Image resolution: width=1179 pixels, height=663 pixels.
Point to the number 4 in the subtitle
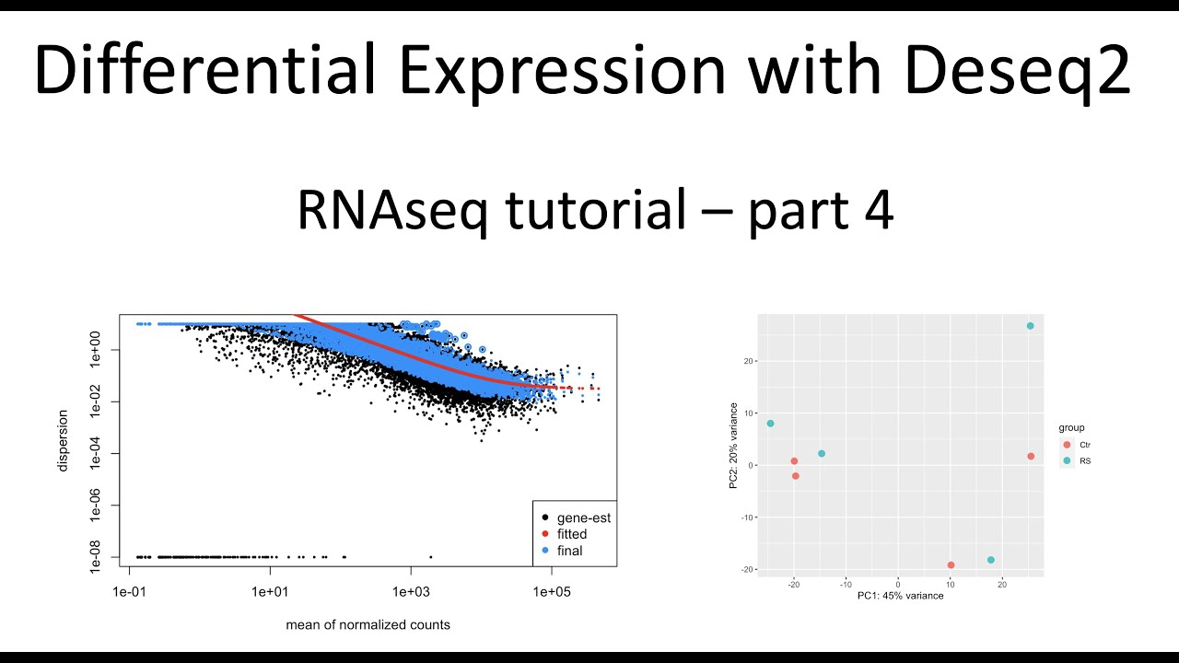point(876,211)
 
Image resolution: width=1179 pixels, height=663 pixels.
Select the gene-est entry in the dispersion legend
point(583,518)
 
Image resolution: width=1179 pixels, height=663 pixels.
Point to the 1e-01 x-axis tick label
point(129,590)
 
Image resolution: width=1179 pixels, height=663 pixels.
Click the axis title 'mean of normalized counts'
point(368,624)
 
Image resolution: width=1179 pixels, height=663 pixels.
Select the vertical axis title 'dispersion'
point(63,440)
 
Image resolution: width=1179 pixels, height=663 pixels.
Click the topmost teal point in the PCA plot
point(1030,326)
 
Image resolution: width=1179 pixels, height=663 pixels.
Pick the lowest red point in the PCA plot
point(951,565)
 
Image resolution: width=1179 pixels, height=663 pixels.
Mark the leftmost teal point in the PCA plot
point(770,424)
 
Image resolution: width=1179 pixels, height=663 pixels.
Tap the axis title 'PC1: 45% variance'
point(900,596)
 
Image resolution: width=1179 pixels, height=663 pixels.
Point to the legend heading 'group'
point(1072,427)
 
